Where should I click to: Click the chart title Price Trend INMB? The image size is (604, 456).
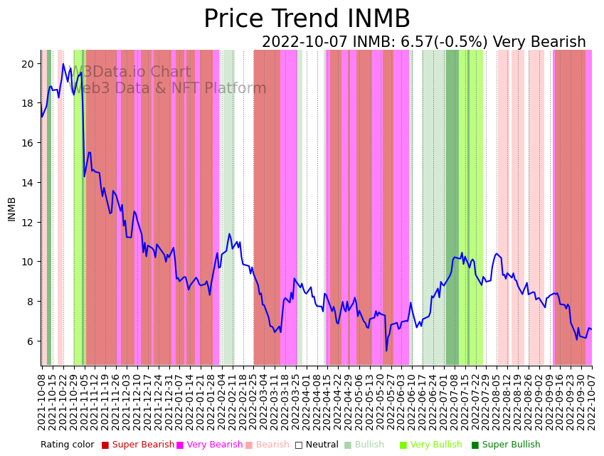click(307, 19)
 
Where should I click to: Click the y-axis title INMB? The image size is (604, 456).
click(11, 208)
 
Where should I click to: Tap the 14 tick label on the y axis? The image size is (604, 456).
click(28, 183)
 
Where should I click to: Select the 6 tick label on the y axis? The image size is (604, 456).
click(31, 341)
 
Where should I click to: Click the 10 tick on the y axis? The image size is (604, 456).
click(28, 262)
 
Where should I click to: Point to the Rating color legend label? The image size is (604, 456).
click(67, 445)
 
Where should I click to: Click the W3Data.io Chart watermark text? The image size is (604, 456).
click(132, 73)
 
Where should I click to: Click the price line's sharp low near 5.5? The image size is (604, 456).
click(386, 350)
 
